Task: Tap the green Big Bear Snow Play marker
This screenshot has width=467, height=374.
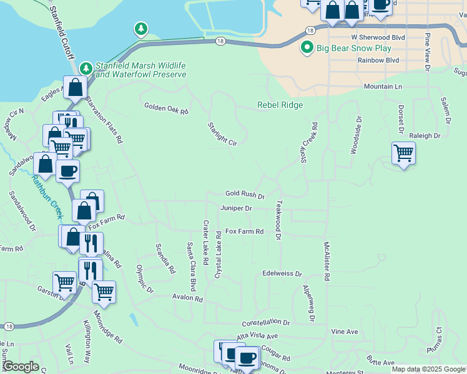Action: click(307, 47)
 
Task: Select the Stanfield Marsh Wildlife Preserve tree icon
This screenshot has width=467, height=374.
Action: click(86, 67)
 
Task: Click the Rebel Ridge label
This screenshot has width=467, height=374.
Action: click(280, 105)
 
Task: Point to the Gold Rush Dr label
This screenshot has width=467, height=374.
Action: click(245, 195)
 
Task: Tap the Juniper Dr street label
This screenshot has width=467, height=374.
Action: click(235, 208)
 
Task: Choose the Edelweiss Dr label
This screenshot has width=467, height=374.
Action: click(282, 274)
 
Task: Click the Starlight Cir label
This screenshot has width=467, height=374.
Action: click(223, 134)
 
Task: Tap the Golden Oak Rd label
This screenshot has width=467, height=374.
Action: click(166, 108)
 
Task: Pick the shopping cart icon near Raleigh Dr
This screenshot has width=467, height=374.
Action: click(403, 152)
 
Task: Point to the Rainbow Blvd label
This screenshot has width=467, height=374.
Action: click(378, 60)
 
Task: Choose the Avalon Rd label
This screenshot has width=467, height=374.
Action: click(188, 299)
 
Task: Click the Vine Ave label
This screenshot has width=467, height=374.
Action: click(344, 332)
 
